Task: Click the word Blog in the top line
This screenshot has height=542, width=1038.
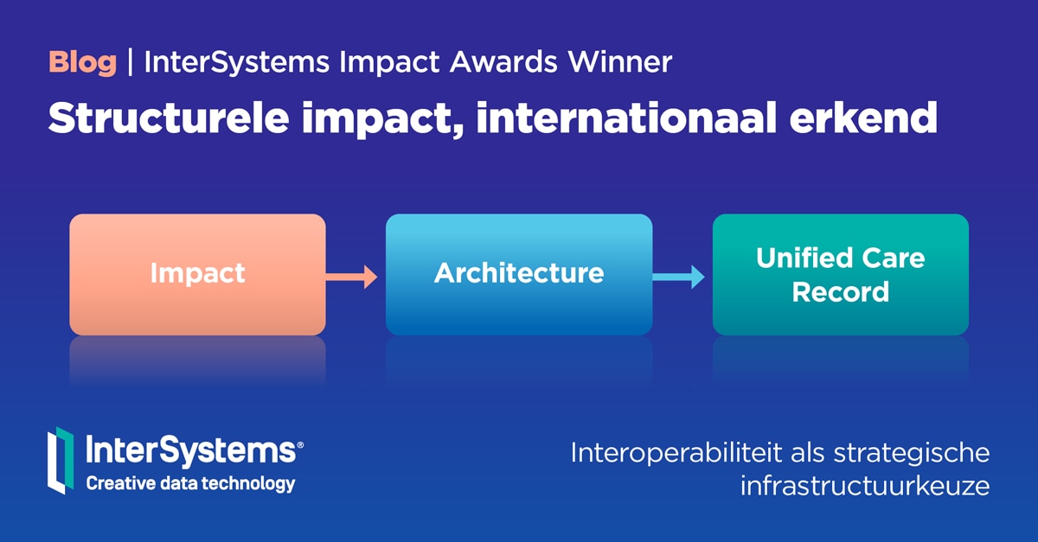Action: pos(82,63)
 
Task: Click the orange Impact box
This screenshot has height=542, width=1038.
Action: pos(197,274)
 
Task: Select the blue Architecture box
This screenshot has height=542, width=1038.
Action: pos(519,274)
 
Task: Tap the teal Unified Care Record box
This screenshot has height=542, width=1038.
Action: pos(840,274)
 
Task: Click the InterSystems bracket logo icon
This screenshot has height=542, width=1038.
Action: pos(60,460)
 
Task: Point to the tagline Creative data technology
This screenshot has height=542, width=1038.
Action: pos(190,484)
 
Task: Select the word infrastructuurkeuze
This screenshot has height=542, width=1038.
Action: pos(864,486)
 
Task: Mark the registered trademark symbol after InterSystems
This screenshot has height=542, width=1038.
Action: pos(300,445)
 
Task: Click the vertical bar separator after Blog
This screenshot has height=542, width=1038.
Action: pos(130,63)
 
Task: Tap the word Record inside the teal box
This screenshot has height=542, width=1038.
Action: pos(840,292)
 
